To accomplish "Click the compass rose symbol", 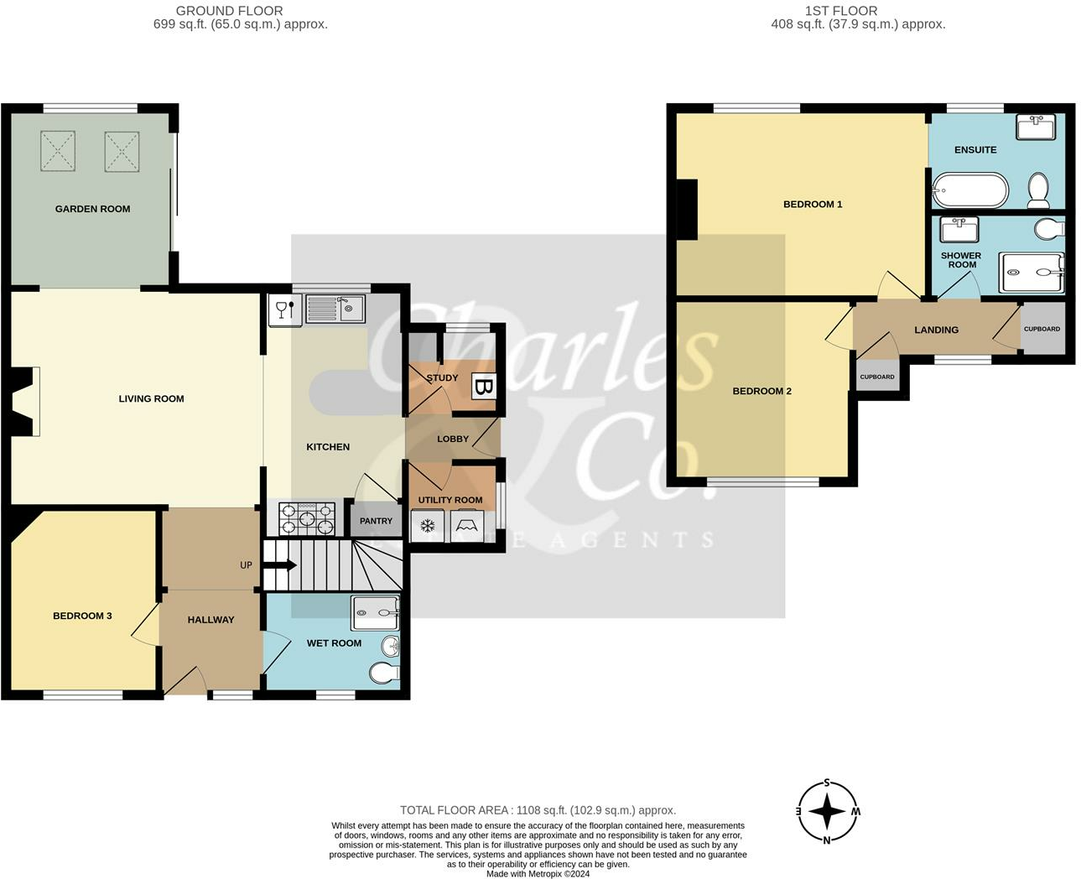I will point(827,811).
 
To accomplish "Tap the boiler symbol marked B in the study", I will point(483,386).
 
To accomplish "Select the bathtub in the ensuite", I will point(970,190).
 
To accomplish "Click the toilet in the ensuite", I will point(1038,191).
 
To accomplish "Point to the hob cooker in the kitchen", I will point(307,518).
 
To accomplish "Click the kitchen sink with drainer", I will point(335,309).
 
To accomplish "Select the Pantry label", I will point(376,521).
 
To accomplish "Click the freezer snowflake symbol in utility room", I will point(428,527).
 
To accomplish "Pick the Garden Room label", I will point(92,209).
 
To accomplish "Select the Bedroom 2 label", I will point(761,391).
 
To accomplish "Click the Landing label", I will point(936,330).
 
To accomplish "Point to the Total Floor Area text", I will point(538,810).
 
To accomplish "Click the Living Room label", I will point(151,398).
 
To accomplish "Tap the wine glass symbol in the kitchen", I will point(284,309).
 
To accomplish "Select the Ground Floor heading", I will point(229,11).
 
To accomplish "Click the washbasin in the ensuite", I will point(1035,127).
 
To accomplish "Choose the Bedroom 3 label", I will point(82,616).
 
